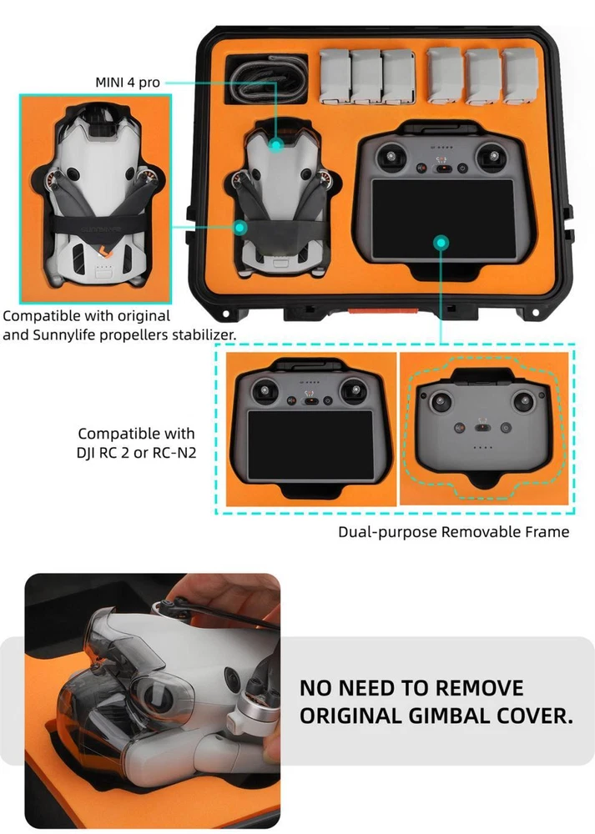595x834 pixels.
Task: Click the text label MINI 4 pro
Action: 128,83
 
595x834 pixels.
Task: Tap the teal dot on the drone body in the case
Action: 275,144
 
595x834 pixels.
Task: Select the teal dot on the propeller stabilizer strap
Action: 240,228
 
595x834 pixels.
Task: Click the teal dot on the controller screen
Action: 441,243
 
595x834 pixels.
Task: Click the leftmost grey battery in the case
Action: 335,76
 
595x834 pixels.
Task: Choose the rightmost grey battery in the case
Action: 519,76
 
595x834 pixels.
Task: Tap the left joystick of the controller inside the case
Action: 391,158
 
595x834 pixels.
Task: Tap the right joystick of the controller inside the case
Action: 491,158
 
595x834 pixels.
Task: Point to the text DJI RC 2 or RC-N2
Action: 136,453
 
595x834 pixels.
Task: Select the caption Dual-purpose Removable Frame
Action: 453,532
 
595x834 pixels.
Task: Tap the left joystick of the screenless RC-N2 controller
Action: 441,403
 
